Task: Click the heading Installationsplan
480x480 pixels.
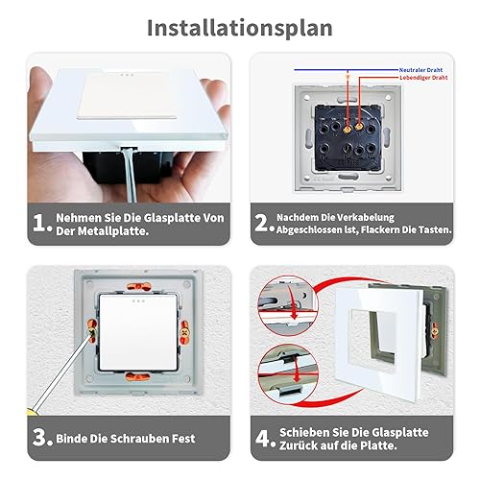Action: coord(240,29)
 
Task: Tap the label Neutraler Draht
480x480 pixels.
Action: coord(420,70)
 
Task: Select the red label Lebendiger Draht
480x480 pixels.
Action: coord(423,78)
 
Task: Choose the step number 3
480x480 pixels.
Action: coord(40,438)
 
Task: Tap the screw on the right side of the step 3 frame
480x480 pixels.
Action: coord(184,332)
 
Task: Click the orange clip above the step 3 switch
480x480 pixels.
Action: coord(138,286)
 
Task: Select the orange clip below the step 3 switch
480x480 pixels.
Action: coord(137,376)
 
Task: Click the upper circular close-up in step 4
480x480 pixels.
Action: coord(288,306)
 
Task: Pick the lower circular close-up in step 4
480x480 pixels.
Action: coord(288,373)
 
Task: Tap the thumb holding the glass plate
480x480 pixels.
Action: coord(39,96)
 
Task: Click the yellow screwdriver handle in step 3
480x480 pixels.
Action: coord(32,412)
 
